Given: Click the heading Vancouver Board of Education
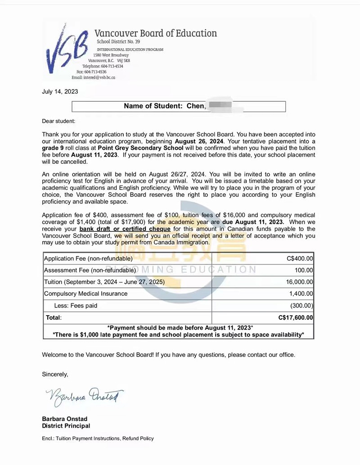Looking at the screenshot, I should point(155,33).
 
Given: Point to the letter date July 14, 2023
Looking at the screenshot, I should point(60,92).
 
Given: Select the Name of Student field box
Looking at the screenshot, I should point(179,106).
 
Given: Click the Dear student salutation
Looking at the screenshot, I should point(58,121).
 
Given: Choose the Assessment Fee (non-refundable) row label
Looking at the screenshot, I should point(90,270).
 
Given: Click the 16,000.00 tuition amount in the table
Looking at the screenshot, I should point(300,282).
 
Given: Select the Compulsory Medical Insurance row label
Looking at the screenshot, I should point(85,293).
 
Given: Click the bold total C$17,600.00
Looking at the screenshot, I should point(296,317).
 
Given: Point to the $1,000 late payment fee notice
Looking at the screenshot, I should point(178,334).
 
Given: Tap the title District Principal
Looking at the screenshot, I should point(66,426).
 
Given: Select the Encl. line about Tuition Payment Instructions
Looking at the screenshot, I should point(98,438).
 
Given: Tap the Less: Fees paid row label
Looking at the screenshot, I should point(76,306).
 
